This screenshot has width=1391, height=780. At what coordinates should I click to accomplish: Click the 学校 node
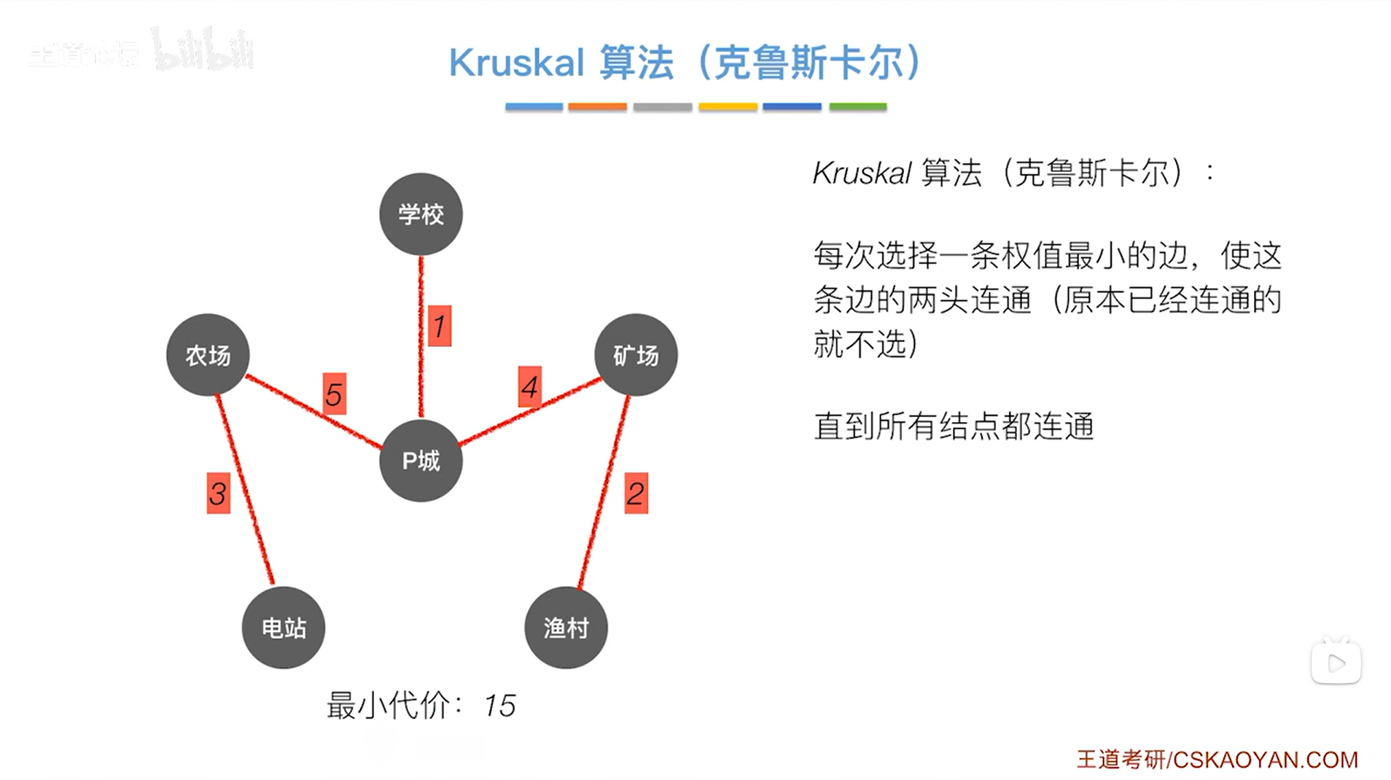tap(421, 214)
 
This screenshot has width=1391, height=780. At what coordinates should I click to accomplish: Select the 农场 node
tap(208, 355)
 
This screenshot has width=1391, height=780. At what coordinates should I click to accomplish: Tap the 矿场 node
tap(636, 355)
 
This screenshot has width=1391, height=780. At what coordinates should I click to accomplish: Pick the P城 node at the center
tap(421, 461)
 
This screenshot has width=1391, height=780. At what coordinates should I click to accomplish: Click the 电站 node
tap(284, 628)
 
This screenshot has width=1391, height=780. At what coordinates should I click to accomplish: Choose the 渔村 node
tap(566, 628)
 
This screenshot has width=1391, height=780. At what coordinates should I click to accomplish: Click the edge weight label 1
tap(439, 326)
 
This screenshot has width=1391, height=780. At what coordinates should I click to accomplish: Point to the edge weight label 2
tap(636, 494)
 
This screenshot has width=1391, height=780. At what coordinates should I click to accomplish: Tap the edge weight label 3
tap(218, 494)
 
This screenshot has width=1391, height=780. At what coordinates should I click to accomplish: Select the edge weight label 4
tap(530, 387)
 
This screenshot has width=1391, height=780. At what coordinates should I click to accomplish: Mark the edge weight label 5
tap(334, 394)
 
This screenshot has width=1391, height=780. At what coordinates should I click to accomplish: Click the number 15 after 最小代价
tap(499, 706)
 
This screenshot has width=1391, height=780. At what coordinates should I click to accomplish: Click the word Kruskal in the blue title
tap(516, 63)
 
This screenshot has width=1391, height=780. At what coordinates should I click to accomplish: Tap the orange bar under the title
tap(597, 106)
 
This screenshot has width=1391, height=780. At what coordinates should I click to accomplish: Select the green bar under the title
tap(857, 106)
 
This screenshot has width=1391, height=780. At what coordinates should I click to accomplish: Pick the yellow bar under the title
tap(728, 106)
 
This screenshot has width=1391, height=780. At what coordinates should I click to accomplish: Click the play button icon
tap(1336, 663)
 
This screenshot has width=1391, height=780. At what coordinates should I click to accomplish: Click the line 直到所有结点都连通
tap(954, 426)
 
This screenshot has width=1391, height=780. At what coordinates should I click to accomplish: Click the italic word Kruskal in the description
tap(862, 173)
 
